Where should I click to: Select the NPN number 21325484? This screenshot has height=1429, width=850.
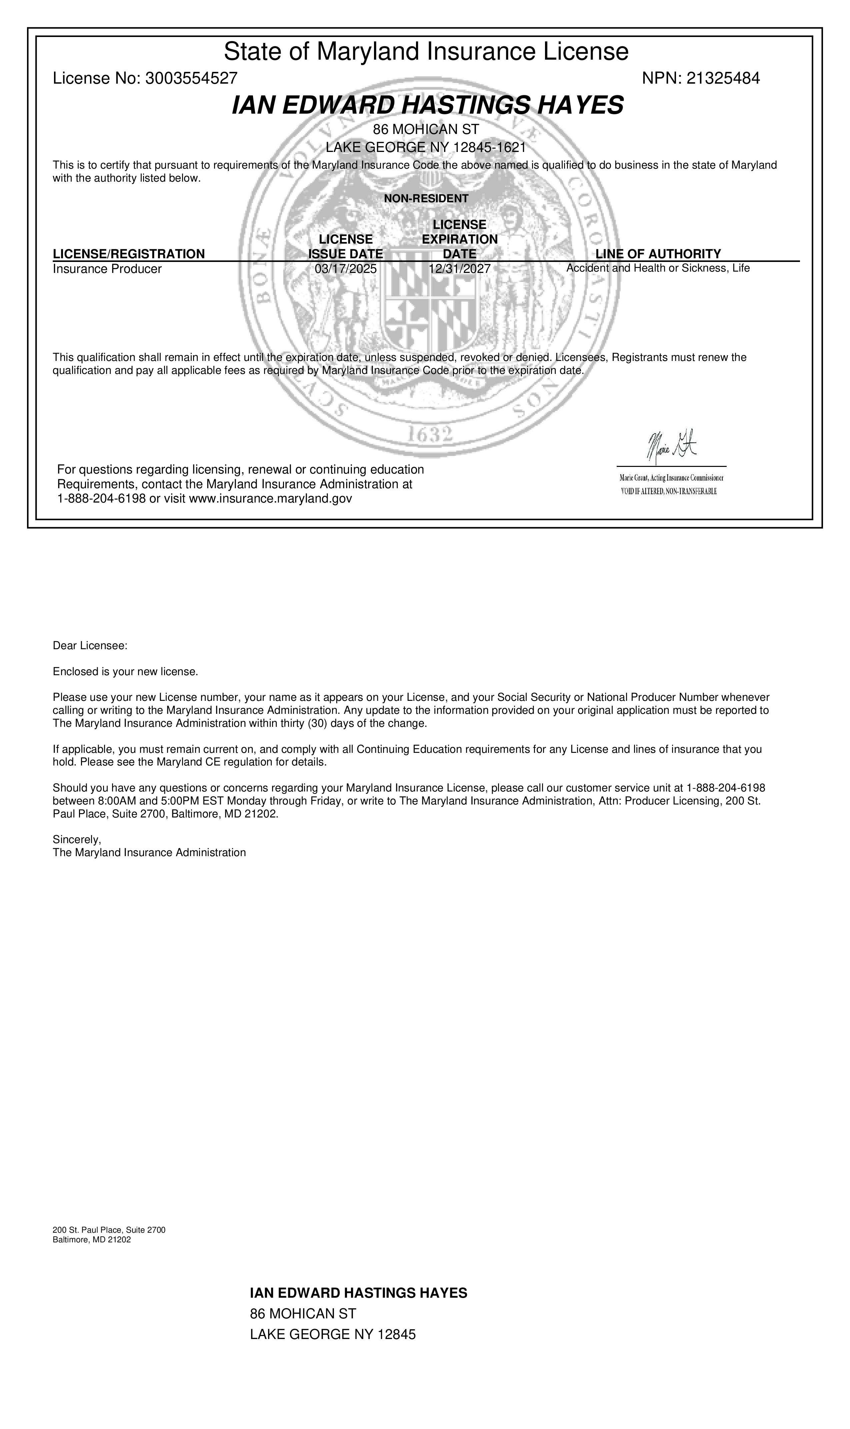point(723,78)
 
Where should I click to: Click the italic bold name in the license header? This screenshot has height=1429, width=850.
point(427,105)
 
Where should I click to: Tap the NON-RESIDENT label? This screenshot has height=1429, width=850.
point(426,199)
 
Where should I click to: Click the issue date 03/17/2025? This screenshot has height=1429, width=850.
point(345,269)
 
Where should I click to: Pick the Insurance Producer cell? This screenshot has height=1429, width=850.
point(107,269)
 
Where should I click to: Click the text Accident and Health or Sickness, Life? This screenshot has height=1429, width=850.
point(658,268)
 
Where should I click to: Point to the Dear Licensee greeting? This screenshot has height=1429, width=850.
point(90,646)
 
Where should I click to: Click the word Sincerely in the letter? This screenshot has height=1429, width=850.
point(77,839)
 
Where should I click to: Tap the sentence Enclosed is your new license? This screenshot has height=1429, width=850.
point(125,672)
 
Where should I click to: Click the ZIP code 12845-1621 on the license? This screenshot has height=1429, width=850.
point(489,147)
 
